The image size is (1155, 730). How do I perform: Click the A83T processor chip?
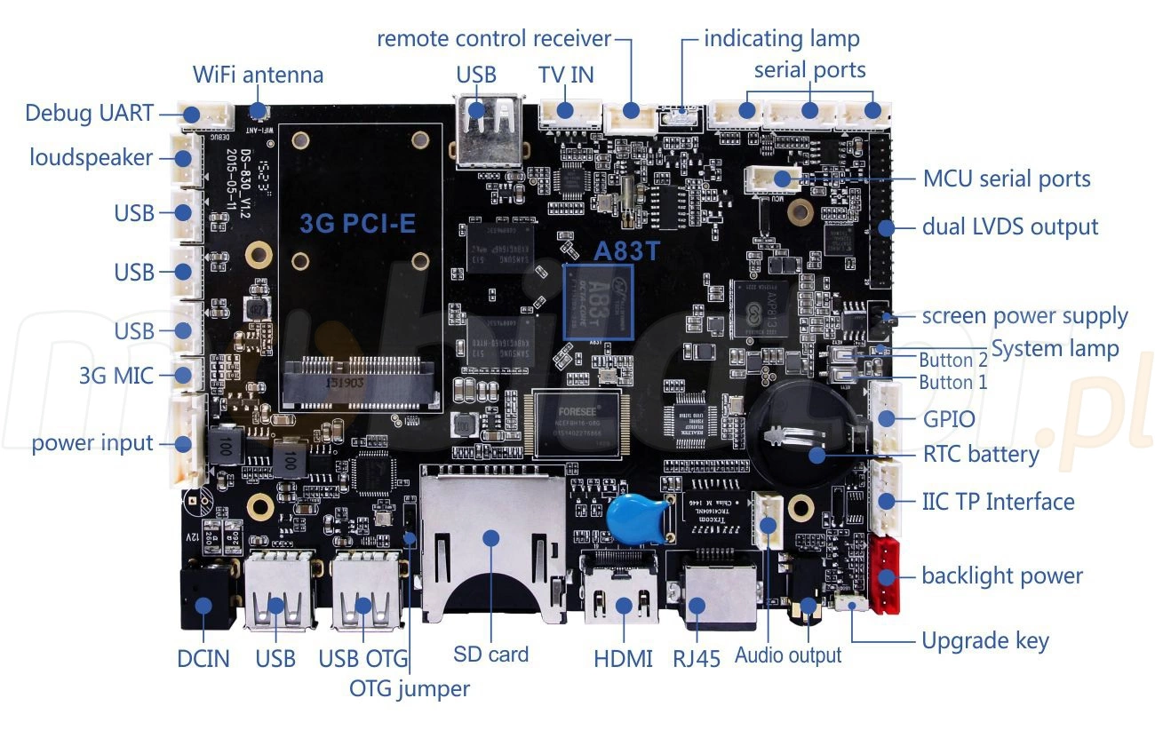coord(599,301)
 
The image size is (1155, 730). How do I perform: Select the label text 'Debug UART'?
coord(89,114)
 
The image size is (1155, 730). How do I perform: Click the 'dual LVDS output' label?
coord(1010,226)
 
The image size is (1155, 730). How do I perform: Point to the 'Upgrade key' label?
coord(985,640)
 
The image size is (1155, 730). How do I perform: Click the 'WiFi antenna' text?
coord(259,74)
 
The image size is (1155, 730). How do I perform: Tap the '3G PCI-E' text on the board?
coord(357,224)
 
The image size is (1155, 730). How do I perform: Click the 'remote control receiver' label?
coord(494,39)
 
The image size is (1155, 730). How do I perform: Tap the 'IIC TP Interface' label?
coord(998,501)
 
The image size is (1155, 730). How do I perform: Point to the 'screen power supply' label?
coord(1024,316)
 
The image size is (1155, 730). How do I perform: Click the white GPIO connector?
coord(886,417)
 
